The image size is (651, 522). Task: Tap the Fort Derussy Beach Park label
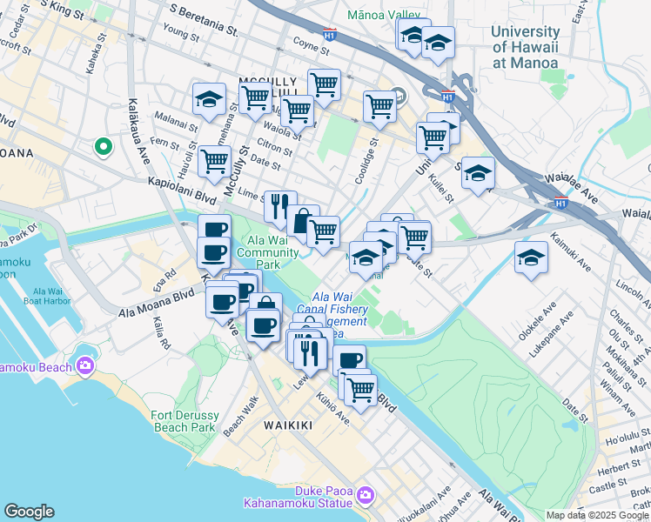(184, 421)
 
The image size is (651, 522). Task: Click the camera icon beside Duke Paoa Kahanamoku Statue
(365, 496)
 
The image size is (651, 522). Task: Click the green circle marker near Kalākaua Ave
(104, 147)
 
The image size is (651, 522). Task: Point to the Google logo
(30, 512)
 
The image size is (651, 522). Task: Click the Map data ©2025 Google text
(596, 515)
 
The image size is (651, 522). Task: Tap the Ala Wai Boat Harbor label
(55, 298)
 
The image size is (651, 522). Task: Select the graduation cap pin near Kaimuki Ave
(531, 258)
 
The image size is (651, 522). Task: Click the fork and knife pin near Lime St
(279, 207)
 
